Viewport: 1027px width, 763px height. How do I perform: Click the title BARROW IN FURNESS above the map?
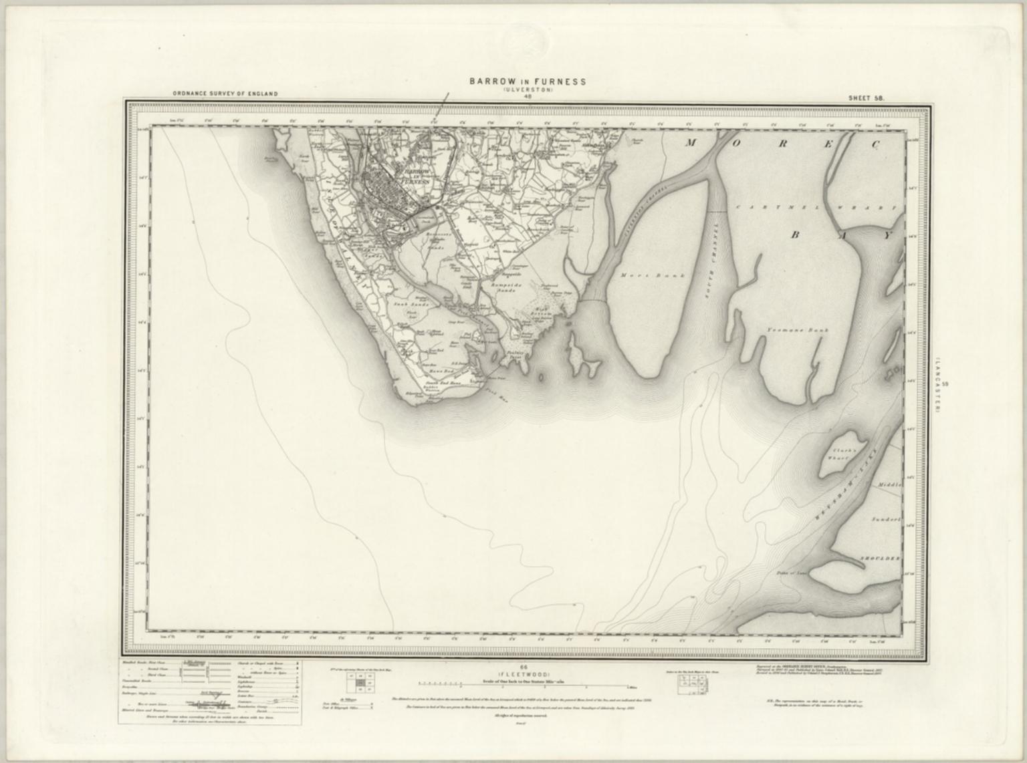528,82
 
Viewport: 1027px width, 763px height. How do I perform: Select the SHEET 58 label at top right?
866,98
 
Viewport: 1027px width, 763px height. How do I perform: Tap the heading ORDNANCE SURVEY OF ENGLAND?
225,94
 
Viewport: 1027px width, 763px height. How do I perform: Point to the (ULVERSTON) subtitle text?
528,90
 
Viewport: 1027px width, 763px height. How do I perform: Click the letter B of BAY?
796,235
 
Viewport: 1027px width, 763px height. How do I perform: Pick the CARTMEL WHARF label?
816,208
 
